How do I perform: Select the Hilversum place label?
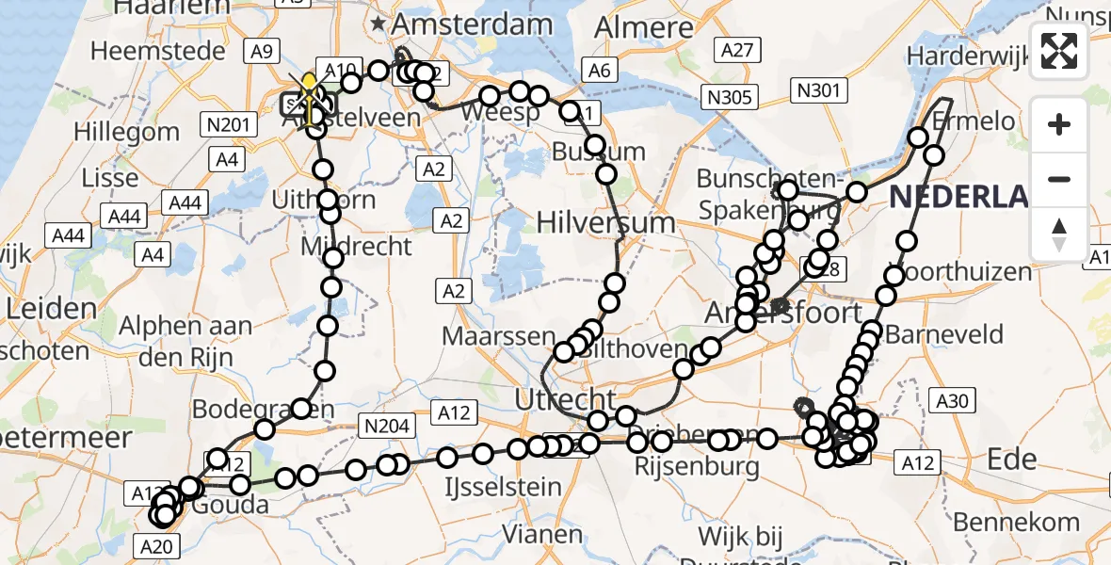coord(606,223)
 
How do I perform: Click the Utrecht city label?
coord(565,400)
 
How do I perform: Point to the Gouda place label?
coord(235,505)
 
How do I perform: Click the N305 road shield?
coord(731,96)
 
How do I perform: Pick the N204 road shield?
coord(386,427)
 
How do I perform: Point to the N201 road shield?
coord(226,123)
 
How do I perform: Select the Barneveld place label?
coord(944,335)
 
